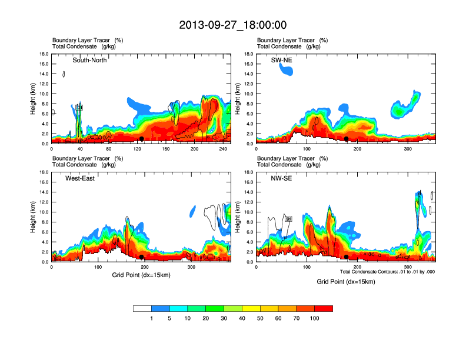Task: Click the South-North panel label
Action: click(89, 60)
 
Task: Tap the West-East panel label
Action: click(81, 178)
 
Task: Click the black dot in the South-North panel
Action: click(142, 139)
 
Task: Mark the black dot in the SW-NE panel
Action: click(347, 139)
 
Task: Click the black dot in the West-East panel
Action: click(142, 257)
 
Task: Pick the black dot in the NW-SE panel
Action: click(347, 257)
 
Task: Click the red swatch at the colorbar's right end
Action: click(324, 308)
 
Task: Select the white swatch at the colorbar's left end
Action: click(142, 308)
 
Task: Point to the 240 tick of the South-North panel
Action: click(223, 149)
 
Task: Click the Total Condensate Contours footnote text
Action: click(387, 271)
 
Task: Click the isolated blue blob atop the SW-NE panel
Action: click(285, 69)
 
